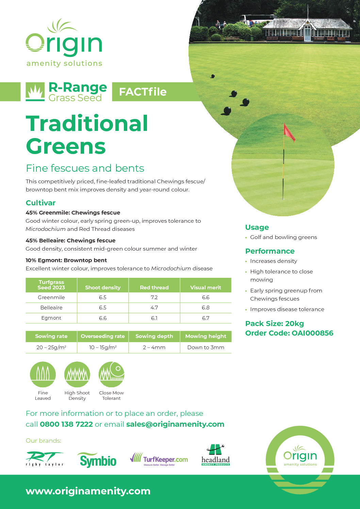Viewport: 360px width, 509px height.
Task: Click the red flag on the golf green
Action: pyautogui.click(x=289, y=133)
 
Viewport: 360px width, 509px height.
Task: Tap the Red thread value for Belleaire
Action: pyautogui.click(x=154, y=308)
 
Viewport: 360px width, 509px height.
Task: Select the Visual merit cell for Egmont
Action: pyautogui.click(x=206, y=318)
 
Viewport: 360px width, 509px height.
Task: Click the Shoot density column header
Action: pyautogui.click(x=103, y=288)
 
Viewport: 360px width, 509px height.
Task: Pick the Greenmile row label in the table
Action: pyautogui.click(x=51, y=298)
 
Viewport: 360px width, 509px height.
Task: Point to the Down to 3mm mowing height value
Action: pyautogui.click(x=206, y=347)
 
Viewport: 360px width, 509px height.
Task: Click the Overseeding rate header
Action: pyautogui.click(x=103, y=336)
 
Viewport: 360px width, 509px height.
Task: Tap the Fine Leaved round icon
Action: pyautogui.click(x=43, y=374)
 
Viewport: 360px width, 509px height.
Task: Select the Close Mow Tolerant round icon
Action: pyautogui.click(x=111, y=374)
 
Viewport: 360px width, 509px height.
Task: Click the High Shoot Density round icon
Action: pyautogui.click(x=77, y=374)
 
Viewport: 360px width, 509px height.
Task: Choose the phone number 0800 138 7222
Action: pyautogui.click(x=66, y=424)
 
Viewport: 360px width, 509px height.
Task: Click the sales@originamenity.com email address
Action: pyautogui.click(x=175, y=424)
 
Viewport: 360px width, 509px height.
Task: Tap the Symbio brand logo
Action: pyautogui.click(x=98, y=460)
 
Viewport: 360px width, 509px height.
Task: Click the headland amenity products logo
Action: pyautogui.click(x=216, y=456)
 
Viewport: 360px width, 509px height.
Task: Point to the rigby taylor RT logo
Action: pyautogui.click(x=45, y=459)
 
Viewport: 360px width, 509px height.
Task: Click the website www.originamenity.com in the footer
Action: pyautogui.click(x=88, y=491)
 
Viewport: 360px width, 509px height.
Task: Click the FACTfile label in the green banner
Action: pyautogui.click(x=143, y=92)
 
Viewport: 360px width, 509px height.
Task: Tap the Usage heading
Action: pyautogui.click(x=257, y=227)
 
